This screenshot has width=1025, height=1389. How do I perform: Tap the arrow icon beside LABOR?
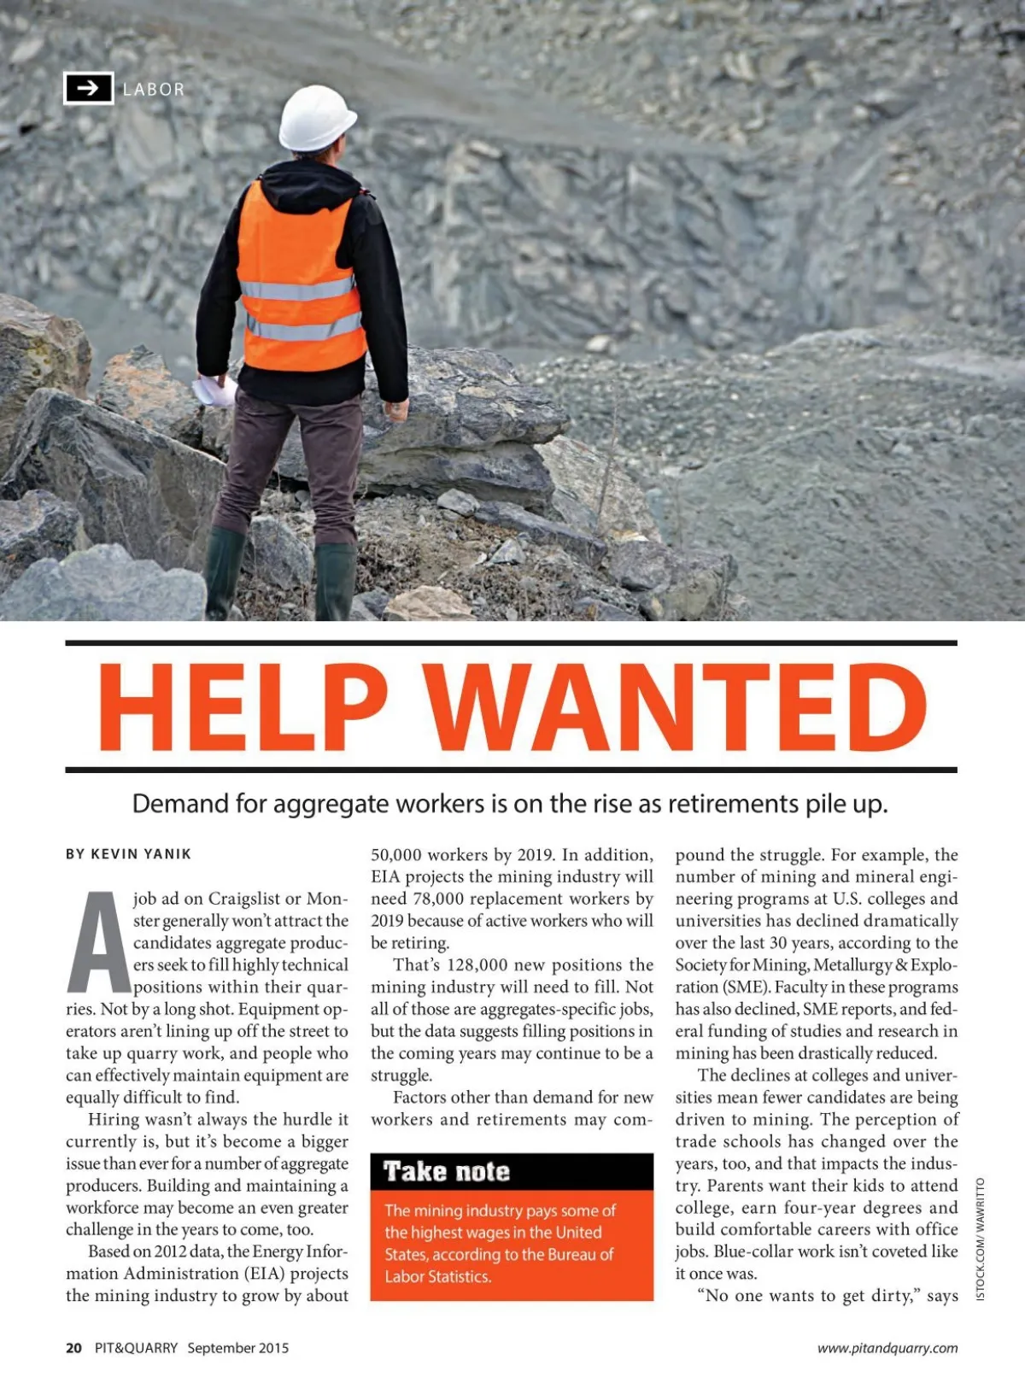click(88, 88)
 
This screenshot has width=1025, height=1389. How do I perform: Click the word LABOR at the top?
click(154, 89)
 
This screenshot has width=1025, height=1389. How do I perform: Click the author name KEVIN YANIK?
click(141, 853)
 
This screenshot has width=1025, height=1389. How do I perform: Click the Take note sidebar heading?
click(446, 1171)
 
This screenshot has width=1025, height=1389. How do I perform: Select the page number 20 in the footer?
click(74, 1348)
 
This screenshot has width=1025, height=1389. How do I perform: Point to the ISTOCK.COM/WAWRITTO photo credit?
click(980, 1240)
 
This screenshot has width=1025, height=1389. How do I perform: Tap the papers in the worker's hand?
click(214, 391)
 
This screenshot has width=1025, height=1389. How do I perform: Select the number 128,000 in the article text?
click(477, 964)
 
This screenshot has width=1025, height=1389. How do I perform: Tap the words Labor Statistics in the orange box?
click(437, 1276)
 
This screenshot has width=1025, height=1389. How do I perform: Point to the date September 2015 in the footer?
click(238, 1348)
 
